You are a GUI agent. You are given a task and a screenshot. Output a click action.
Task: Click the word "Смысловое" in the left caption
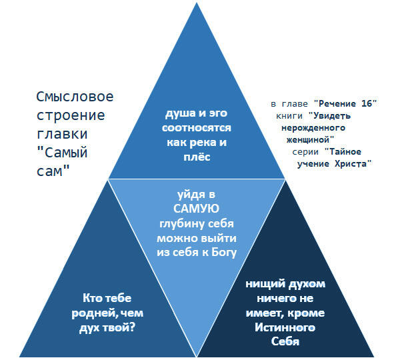(75, 97)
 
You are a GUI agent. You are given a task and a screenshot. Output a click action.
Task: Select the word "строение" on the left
(71, 115)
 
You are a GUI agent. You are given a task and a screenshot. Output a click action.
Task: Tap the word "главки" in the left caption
(62, 133)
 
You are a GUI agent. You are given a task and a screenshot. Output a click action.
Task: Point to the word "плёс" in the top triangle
(197, 157)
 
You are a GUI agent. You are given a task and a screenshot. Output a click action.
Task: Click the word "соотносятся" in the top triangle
(197, 128)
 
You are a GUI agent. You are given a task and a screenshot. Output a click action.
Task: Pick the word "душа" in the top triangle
(180, 113)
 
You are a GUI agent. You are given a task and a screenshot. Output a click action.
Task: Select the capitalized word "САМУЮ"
(196, 209)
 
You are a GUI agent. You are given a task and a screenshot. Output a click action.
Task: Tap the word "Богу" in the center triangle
(224, 252)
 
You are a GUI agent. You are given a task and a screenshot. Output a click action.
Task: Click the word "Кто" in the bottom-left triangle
(93, 298)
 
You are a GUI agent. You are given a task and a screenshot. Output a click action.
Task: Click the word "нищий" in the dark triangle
(265, 284)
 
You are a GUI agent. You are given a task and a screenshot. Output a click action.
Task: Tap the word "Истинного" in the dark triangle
(285, 327)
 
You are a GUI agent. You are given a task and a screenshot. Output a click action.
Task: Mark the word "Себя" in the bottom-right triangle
(285, 341)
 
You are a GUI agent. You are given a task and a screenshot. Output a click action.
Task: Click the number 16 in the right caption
(367, 104)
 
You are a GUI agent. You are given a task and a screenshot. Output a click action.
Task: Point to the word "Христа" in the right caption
(353, 164)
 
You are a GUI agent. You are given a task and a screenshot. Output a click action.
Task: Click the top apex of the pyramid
(197, 3)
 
